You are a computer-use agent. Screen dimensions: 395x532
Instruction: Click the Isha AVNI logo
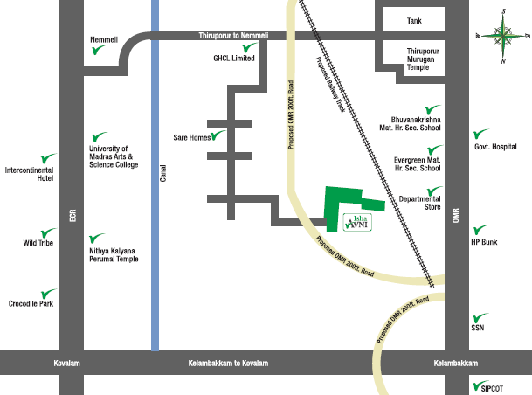[x=360, y=221]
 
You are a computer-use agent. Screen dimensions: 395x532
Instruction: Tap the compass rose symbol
[x=502, y=36]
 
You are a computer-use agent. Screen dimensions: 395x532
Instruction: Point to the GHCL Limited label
[x=233, y=59]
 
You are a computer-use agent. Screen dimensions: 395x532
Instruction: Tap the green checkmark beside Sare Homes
[x=218, y=135]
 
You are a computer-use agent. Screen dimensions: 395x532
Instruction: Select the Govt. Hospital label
[x=496, y=148]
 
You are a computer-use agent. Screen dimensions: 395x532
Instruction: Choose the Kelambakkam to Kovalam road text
[x=228, y=363]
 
